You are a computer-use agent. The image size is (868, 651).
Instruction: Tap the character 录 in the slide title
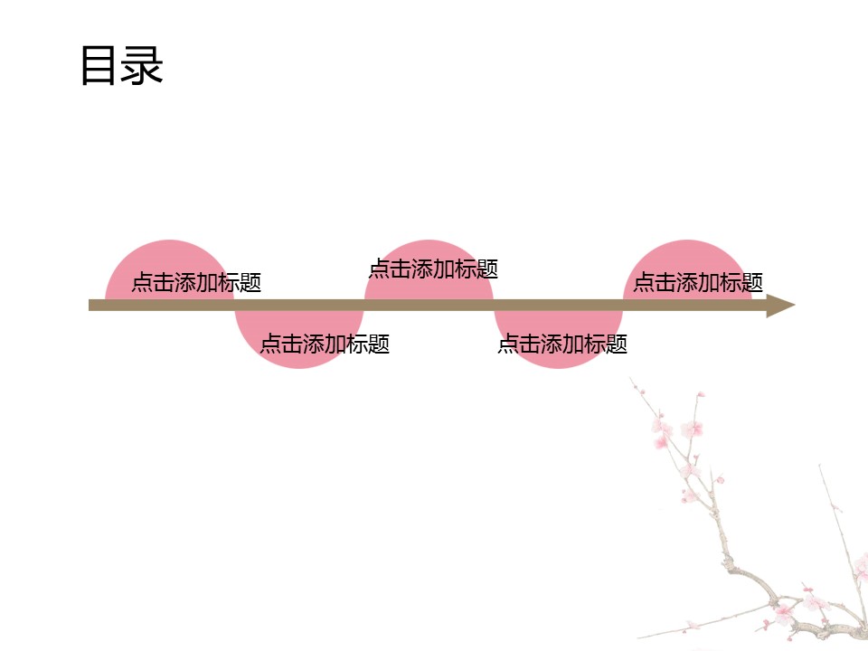coord(142,65)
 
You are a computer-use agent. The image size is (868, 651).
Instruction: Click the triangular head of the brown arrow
coord(780,306)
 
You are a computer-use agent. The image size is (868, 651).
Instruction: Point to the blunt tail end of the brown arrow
coord(90,306)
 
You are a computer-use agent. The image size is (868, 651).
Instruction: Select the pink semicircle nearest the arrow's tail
coord(169,269)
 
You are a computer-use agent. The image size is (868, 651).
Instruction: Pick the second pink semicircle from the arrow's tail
coord(299,339)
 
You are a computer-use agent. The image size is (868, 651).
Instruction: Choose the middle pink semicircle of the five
coord(429,269)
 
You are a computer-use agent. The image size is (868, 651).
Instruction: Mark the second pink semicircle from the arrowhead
coord(558,339)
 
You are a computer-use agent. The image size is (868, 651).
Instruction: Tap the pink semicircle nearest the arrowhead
coord(687,269)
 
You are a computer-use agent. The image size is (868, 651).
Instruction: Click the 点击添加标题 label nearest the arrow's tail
coord(196,282)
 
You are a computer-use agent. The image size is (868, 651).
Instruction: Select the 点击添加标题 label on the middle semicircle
coord(433,269)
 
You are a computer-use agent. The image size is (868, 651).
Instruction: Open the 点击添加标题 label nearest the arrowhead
coord(698,282)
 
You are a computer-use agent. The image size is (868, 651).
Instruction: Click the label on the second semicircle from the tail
coord(325,344)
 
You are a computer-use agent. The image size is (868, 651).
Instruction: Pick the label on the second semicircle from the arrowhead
coord(562,344)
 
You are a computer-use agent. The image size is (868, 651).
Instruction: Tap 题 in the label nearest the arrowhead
coord(752,282)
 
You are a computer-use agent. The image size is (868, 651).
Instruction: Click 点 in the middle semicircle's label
coord(379,269)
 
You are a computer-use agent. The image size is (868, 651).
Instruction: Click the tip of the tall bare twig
coord(819,466)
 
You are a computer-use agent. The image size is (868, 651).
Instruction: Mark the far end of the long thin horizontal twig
coord(638,637)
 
